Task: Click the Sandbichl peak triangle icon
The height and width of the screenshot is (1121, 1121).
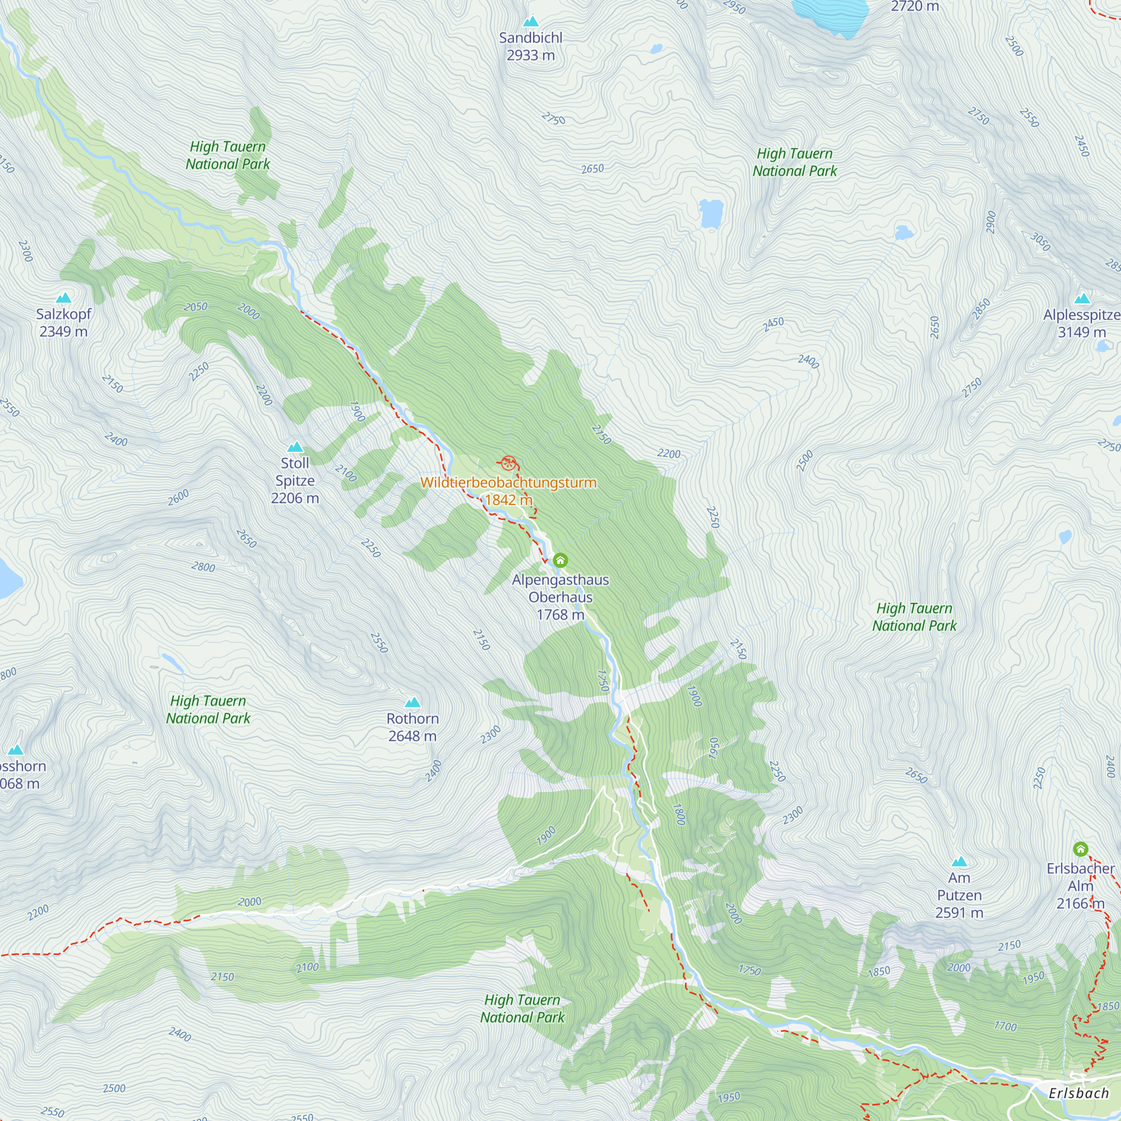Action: click(x=530, y=22)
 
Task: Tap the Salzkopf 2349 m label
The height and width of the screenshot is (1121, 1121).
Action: click(x=63, y=323)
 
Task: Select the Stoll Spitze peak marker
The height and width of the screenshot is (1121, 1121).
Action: click(x=295, y=447)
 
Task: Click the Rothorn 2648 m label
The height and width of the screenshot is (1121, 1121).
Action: click(x=413, y=727)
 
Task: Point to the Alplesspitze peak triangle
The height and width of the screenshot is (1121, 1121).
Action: click(x=1082, y=299)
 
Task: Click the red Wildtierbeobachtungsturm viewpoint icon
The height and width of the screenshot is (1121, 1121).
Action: click(x=508, y=463)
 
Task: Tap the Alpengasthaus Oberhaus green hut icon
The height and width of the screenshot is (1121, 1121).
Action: click(x=560, y=560)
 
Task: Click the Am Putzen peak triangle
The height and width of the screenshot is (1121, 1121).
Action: click(x=959, y=861)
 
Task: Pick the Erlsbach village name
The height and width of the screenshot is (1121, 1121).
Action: click(x=1078, y=1093)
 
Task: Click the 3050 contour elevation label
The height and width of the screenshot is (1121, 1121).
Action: click(x=1040, y=242)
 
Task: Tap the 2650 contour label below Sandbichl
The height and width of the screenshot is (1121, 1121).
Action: click(x=592, y=169)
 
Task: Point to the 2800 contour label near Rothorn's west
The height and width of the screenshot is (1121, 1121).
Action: click(x=203, y=567)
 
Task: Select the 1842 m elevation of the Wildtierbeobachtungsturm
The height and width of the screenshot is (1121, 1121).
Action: click(x=508, y=499)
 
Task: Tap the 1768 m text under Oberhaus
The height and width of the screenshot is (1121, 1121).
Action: click(x=560, y=614)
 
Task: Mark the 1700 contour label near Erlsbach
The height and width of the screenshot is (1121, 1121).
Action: click(x=1005, y=1026)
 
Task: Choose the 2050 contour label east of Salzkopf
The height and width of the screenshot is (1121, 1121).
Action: click(x=196, y=307)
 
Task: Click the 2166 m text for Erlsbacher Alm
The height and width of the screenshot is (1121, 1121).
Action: click(x=1080, y=904)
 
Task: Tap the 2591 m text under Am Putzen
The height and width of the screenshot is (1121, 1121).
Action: click(x=959, y=912)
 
